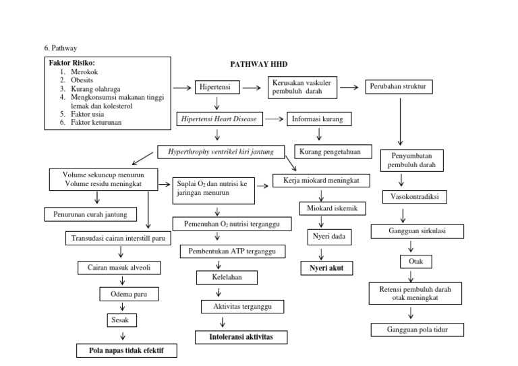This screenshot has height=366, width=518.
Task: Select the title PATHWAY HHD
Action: click(259, 64)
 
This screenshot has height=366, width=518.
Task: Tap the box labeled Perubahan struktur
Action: click(400, 87)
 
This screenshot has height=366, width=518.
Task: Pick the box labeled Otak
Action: click(411, 261)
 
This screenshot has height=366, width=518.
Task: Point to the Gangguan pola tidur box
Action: click(417, 330)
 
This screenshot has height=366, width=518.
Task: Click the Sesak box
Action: click(119, 320)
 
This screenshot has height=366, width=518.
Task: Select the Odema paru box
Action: click(129, 295)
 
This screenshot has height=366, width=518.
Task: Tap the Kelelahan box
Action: click(219, 277)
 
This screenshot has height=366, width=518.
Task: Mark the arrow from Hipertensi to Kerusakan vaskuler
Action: click(251, 88)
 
